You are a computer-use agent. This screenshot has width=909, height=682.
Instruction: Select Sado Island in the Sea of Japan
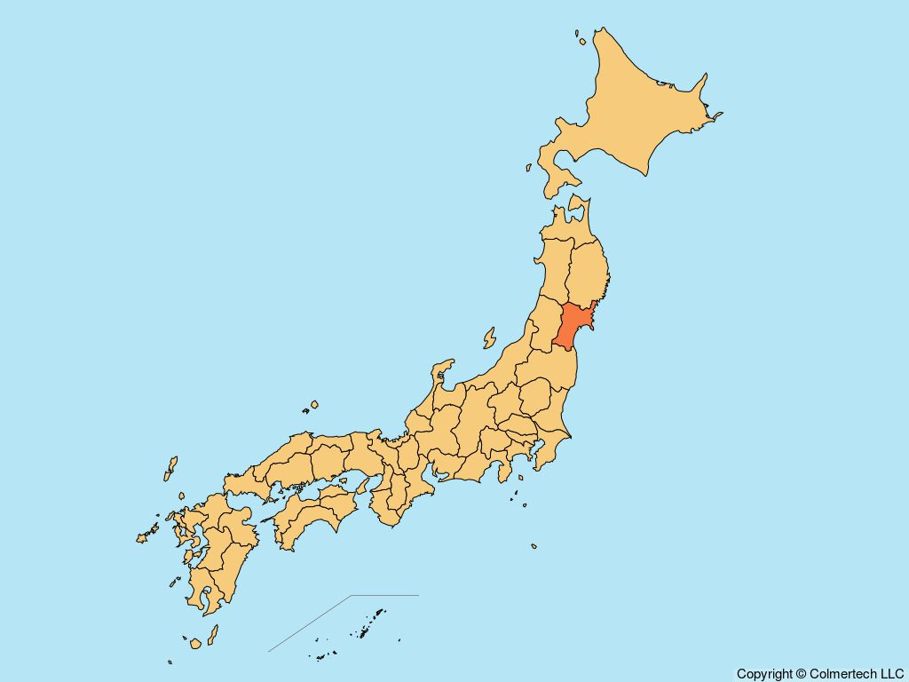click(489, 338)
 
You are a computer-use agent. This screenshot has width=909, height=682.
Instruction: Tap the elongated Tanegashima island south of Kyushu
click(212, 635)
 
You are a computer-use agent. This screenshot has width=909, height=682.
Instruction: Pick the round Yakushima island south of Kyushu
click(195, 642)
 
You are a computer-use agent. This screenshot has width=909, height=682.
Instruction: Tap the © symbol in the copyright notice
click(801, 674)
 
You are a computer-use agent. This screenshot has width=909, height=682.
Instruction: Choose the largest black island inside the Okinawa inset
click(378, 614)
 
